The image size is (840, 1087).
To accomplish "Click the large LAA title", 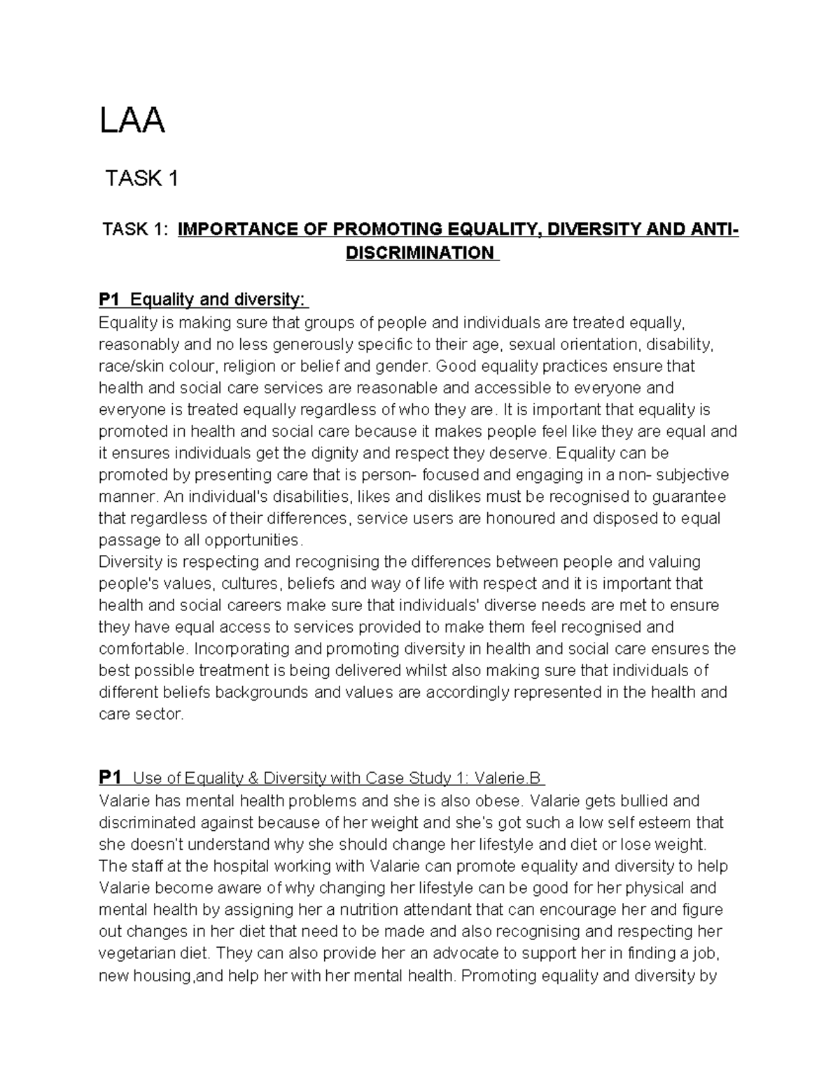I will [132, 121].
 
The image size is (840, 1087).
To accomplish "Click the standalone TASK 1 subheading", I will [141, 179].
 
